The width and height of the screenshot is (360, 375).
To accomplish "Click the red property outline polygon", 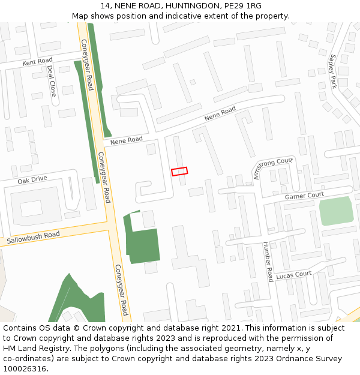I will pyautogui.click(x=179, y=172).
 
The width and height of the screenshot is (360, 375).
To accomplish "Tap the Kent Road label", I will pyautogui.click(x=37, y=62).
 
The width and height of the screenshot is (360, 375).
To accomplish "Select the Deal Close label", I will pyautogui.click(x=52, y=80).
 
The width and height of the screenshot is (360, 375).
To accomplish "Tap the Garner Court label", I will pyautogui.click(x=304, y=196).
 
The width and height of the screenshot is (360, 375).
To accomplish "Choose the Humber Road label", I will pyautogui.click(x=268, y=262).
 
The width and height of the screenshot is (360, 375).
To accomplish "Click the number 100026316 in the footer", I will pyautogui.click(x=25, y=368).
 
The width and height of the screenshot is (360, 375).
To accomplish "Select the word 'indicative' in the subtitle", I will pyautogui.click(x=208, y=16).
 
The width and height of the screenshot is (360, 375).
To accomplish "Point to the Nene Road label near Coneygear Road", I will pyautogui.click(x=127, y=140).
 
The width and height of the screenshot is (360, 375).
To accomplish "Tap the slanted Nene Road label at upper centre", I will pyautogui.click(x=220, y=114).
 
